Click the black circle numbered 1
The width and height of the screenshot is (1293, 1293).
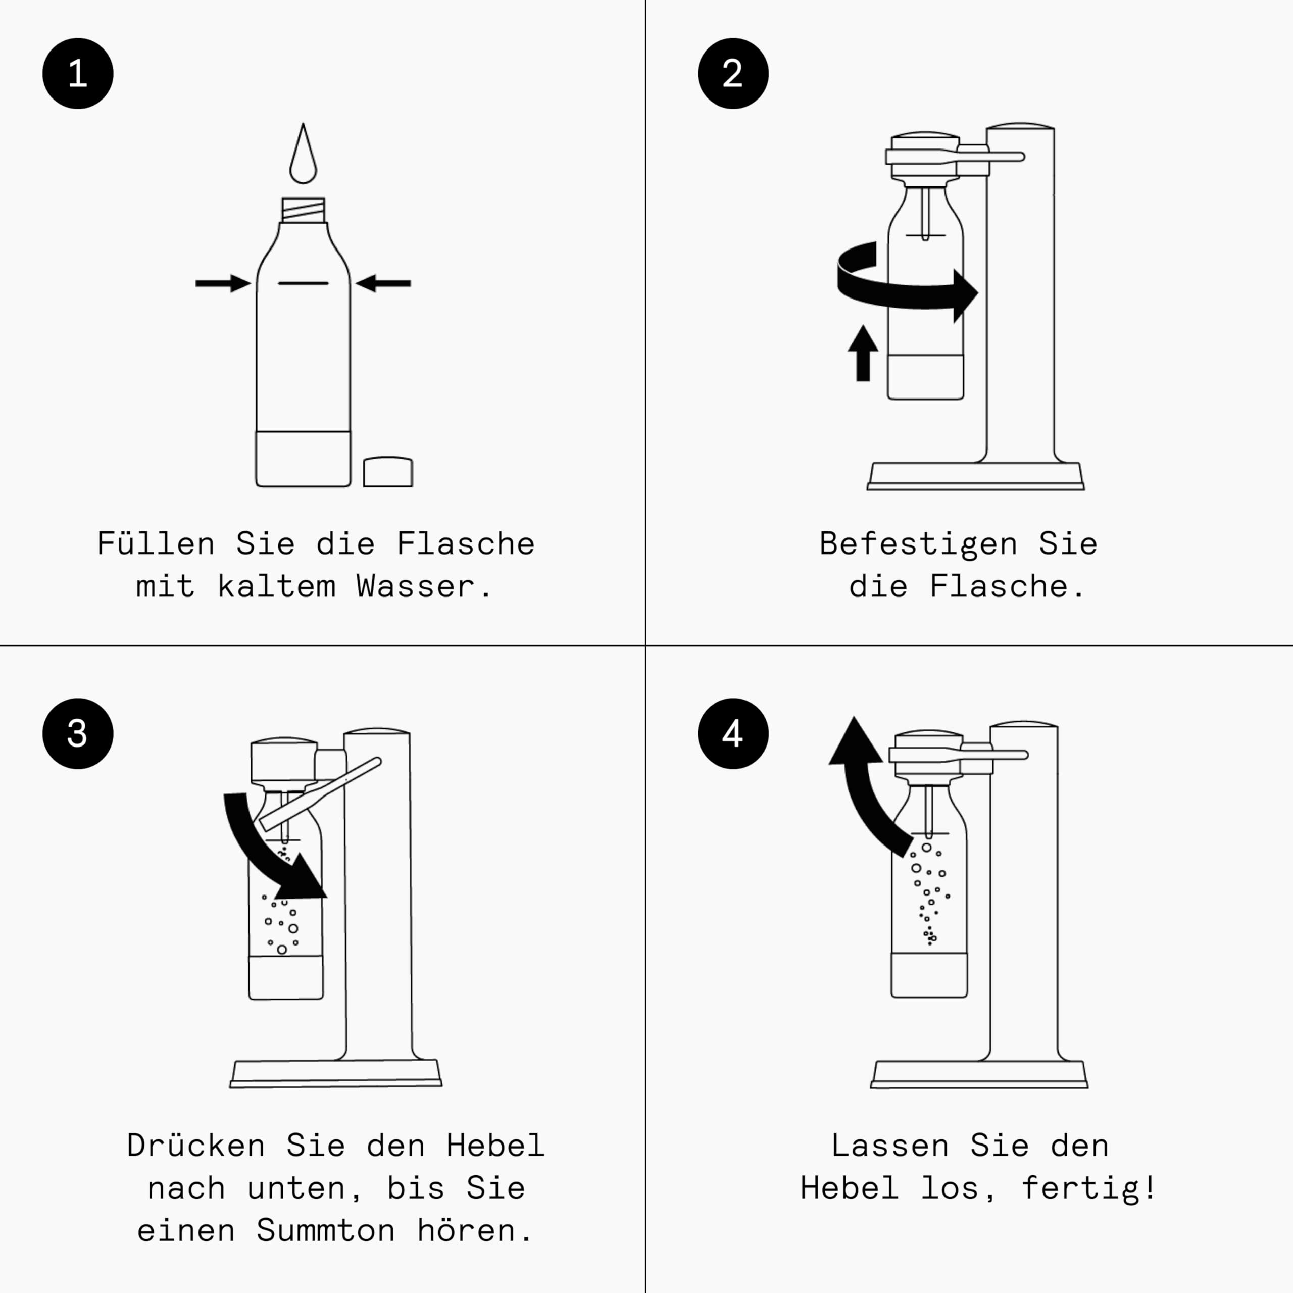(x=78, y=74)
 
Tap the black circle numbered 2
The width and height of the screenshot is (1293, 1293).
(x=733, y=74)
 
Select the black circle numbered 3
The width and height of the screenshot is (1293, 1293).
(x=78, y=733)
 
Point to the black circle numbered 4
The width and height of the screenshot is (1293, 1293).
(x=733, y=733)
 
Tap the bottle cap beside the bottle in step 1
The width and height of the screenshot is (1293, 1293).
(x=387, y=472)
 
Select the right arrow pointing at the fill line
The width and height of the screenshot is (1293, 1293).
(x=383, y=283)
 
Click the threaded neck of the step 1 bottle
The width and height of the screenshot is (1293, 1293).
(x=303, y=210)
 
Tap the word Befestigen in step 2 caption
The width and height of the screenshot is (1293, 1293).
(x=918, y=543)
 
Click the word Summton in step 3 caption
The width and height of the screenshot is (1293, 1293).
(x=325, y=1231)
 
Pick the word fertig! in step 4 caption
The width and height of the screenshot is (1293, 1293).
(x=1089, y=1188)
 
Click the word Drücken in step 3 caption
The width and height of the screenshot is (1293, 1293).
(x=195, y=1145)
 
